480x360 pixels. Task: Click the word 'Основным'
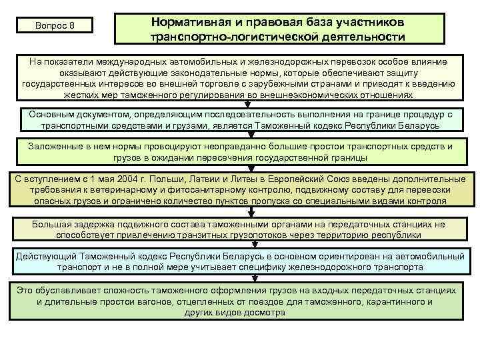[x=49, y=114]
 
